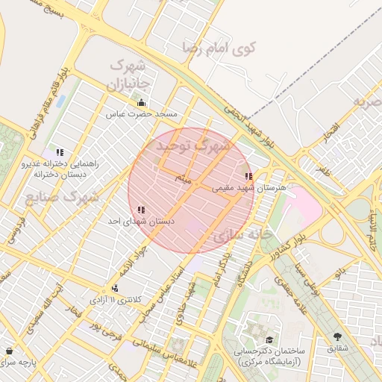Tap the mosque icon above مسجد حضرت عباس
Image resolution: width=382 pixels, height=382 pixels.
141,103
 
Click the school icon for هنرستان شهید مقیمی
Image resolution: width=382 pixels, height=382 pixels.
248,177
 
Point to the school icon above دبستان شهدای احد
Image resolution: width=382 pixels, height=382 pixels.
141,210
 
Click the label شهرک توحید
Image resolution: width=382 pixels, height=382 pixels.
191,146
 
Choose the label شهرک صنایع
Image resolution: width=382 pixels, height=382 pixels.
63,198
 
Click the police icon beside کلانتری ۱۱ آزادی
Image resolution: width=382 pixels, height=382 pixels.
114,288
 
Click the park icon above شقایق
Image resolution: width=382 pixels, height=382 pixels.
338,336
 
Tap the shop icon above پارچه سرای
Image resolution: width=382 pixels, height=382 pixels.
9,351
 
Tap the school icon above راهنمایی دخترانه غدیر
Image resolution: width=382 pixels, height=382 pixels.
60,152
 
